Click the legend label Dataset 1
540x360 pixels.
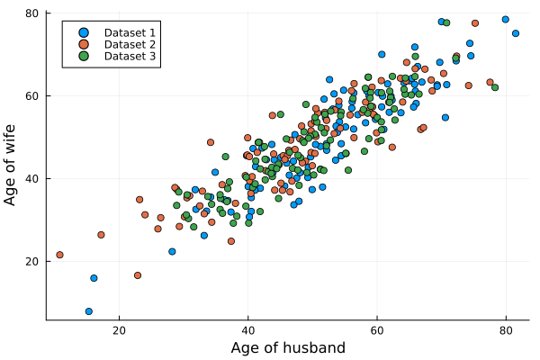pos(130,32)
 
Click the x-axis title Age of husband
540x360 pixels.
pos(288,347)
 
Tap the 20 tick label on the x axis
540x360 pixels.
pos(119,330)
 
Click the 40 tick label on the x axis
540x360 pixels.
pos(247,330)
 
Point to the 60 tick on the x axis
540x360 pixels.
pos(376,330)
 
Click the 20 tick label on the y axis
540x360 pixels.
pos(31,261)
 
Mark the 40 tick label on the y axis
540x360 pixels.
pos(31,178)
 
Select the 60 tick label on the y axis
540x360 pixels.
pos(31,95)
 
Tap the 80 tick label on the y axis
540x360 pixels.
pos(31,13)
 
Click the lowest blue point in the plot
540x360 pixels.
pos(89,311)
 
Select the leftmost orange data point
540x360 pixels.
pos(60,255)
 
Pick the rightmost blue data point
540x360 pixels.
pos(516,33)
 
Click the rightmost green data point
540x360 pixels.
pos(495,87)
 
